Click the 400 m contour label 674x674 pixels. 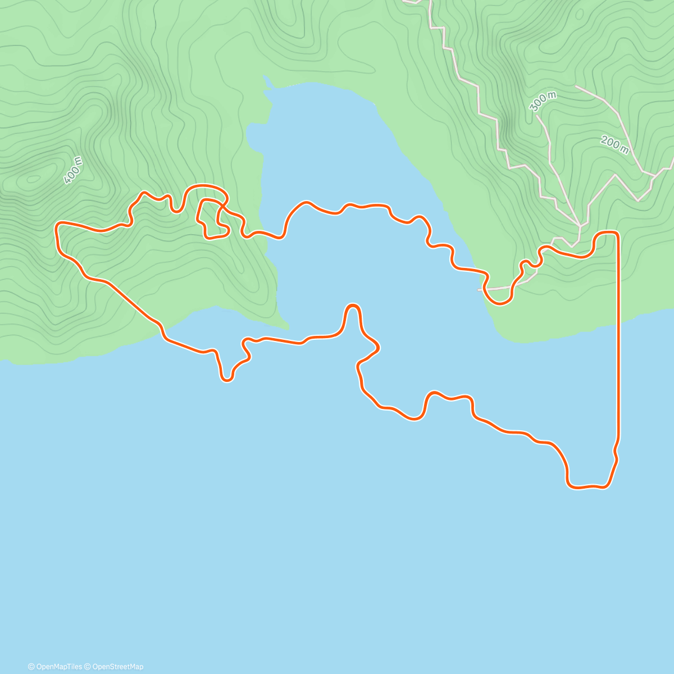[x=73, y=170]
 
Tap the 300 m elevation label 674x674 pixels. [x=543, y=101]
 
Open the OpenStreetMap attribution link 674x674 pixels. [x=117, y=667]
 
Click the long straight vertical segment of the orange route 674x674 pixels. [x=618, y=337]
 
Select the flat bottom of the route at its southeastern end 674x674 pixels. [x=587, y=486]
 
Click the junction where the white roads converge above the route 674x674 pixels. [x=580, y=225]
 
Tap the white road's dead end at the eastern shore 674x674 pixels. [x=479, y=290]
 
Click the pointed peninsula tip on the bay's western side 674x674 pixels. [x=287, y=326]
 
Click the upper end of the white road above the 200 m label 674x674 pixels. [x=576, y=87]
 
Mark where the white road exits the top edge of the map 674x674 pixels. [x=431, y=2]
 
